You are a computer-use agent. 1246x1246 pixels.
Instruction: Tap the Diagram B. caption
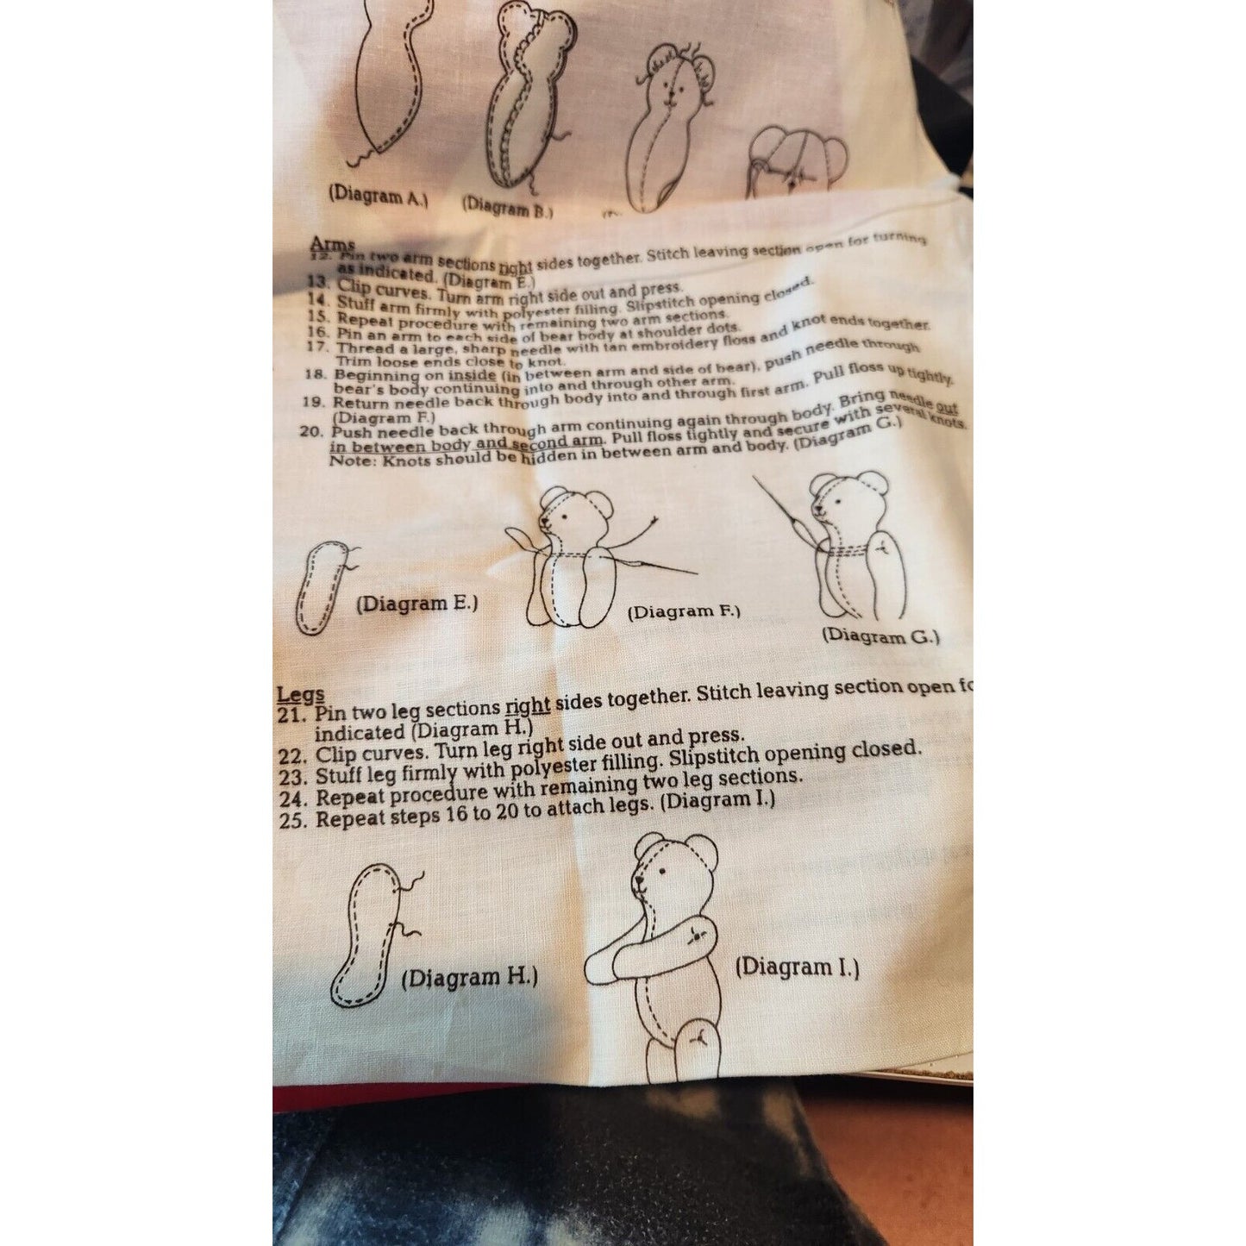(x=508, y=207)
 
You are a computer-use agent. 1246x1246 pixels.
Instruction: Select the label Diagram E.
(x=416, y=603)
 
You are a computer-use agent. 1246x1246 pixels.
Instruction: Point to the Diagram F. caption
(x=683, y=612)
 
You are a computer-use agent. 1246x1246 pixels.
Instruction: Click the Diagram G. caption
(x=880, y=636)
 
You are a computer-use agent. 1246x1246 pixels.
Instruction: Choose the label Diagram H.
(x=470, y=978)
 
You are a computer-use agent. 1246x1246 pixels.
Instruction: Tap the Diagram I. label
(x=797, y=967)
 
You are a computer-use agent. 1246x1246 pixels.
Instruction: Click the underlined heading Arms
(x=333, y=245)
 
